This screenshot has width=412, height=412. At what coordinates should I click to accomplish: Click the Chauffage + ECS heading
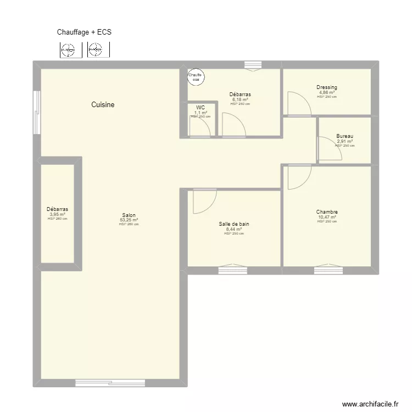tap(84, 32)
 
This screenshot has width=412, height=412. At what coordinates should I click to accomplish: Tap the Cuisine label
tap(103, 104)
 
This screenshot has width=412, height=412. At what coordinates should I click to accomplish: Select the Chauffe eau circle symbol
tap(195, 77)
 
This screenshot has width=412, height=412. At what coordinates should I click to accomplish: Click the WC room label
tap(201, 108)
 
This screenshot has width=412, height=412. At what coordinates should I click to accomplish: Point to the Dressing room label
tap(327, 87)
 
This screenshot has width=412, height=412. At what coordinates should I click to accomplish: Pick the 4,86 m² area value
tap(327, 92)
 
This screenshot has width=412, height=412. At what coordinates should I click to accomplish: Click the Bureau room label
tap(345, 136)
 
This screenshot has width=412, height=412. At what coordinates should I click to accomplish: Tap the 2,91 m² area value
tap(345, 141)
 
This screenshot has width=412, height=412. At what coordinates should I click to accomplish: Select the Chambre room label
tap(327, 212)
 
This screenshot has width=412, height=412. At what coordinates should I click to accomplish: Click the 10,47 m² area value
tap(327, 217)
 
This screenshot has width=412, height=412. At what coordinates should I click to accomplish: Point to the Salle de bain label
tap(234, 224)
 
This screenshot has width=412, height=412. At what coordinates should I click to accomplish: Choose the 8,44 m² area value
tap(234, 229)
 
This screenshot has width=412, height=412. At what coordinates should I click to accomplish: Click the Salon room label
tap(129, 215)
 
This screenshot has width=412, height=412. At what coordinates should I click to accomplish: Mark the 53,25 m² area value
tap(129, 220)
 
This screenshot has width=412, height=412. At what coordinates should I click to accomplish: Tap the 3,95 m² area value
tap(57, 214)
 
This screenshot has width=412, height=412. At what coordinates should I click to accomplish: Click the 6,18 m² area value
tap(240, 99)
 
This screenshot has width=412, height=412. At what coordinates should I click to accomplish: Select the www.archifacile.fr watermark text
tap(370, 404)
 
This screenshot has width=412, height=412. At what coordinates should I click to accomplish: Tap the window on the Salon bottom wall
tap(110, 382)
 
